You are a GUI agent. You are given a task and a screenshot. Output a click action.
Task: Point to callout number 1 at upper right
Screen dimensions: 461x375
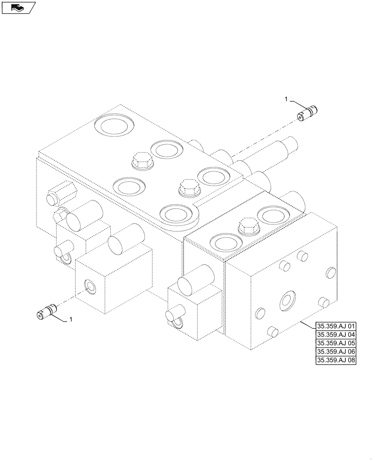coord(286,100)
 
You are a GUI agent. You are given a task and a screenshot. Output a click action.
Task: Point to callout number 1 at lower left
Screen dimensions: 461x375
coord(71,319)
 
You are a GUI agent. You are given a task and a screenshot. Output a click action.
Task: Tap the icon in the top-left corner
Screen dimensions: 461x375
coord(18,7)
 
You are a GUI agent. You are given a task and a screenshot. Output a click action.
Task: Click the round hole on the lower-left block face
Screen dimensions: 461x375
coord(90,287)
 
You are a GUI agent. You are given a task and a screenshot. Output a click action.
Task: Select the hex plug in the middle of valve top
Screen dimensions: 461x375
coord(188,187)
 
